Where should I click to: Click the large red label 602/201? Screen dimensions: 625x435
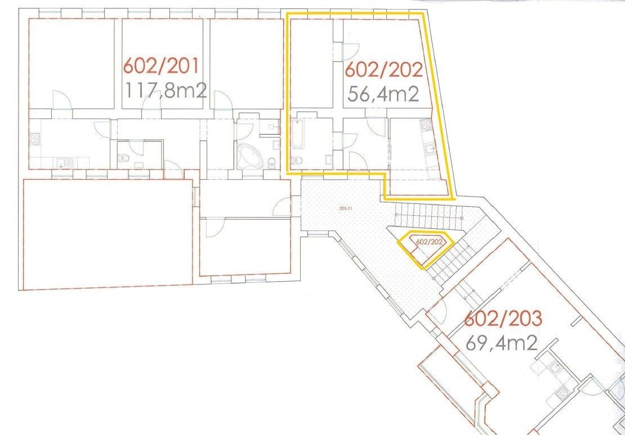pos(160,66)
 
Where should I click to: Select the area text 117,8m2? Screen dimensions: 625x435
pos(166,91)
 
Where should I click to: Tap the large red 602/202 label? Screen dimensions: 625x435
pos(384,70)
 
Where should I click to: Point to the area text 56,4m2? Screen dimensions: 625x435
pos(383,95)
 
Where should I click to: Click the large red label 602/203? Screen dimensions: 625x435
pos(503,318)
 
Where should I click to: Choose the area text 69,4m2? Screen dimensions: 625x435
pos(502,343)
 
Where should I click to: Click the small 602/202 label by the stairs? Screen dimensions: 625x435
pos(429,242)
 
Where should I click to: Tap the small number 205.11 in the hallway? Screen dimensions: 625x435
pos(343,208)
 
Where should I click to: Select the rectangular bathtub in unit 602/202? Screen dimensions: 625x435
pos(298,134)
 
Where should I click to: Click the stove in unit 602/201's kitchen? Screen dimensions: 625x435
pos(35,139)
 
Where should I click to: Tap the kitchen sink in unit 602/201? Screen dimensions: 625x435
pos(64,162)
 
